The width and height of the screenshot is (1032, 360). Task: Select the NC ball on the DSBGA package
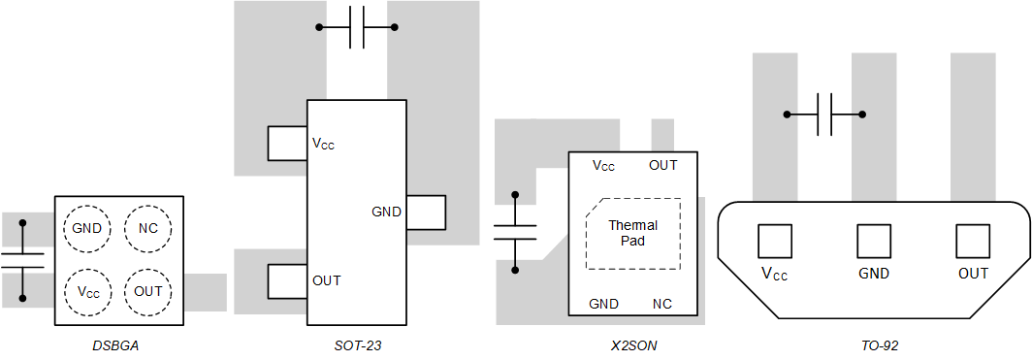[148, 229]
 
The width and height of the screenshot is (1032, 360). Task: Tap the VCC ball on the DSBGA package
[88, 291]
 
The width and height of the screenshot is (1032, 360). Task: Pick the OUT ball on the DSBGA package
[148, 291]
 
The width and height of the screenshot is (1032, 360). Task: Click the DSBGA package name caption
[115, 345]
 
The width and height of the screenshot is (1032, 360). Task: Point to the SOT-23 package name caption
[356, 345]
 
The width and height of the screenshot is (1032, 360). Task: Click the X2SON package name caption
[633, 345]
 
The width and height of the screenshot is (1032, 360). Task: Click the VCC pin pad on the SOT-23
[287, 144]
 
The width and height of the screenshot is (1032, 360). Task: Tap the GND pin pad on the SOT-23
[426, 213]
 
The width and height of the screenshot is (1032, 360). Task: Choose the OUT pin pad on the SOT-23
[287, 281]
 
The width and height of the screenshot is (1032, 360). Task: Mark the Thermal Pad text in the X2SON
[632, 233]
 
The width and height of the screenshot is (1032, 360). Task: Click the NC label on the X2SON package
[662, 304]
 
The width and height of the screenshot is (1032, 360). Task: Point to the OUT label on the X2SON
[663, 165]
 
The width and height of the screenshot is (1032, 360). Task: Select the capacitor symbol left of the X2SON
[515, 232]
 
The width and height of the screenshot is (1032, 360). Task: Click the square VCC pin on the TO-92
[774, 241]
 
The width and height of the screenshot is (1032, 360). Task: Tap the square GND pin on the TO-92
[874, 241]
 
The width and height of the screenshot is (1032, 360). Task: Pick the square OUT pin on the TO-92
[973, 241]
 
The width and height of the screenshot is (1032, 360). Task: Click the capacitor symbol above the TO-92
[825, 115]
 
